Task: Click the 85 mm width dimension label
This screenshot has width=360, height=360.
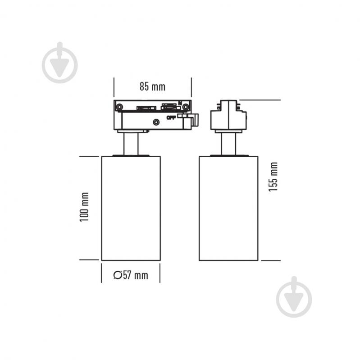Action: (152, 87)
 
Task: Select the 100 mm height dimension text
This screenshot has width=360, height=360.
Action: (84, 207)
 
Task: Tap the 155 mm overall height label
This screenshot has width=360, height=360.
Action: (273, 177)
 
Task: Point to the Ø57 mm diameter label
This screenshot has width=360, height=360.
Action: (131, 275)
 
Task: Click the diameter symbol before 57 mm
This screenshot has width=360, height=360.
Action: (118, 275)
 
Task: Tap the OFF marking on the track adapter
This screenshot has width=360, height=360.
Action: (171, 118)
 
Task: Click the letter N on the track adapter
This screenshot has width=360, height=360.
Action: (180, 103)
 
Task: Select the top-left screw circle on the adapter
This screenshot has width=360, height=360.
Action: (119, 107)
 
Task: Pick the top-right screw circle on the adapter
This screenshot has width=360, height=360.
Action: (186, 107)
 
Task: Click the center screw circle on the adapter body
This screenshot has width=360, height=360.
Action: (156, 122)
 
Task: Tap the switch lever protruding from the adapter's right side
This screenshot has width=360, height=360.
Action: (195, 120)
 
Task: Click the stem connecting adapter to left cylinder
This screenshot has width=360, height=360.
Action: (131, 144)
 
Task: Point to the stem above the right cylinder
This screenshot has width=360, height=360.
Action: (229, 144)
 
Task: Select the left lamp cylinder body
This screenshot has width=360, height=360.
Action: (131, 208)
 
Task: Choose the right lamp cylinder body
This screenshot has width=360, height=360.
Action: (229, 208)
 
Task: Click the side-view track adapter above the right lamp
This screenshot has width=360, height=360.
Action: (229, 115)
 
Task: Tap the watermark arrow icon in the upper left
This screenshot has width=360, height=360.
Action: (59, 63)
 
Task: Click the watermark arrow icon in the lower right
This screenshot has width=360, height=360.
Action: (294, 297)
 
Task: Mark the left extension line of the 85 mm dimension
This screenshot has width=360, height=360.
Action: (114, 87)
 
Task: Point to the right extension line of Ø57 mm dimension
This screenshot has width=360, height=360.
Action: (160, 273)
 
